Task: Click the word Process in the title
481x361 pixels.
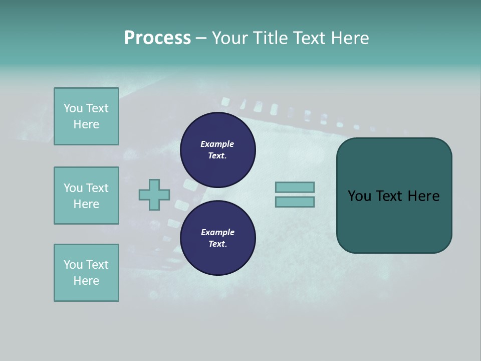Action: pyautogui.click(x=157, y=38)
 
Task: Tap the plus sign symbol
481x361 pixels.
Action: pyautogui.click(x=154, y=195)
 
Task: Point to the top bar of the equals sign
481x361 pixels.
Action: pyautogui.click(x=295, y=187)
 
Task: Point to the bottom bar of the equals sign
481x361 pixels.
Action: pyautogui.click(x=295, y=202)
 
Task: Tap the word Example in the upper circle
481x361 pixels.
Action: pyautogui.click(x=217, y=144)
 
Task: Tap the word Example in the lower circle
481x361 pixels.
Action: pyautogui.click(x=217, y=232)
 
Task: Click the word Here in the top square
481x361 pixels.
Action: pyautogui.click(x=86, y=124)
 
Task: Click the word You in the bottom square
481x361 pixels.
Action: pyautogui.click(x=73, y=265)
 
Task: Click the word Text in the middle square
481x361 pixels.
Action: pyautogui.click(x=97, y=188)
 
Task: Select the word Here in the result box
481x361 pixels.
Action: pyautogui.click(x=423, y=196)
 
